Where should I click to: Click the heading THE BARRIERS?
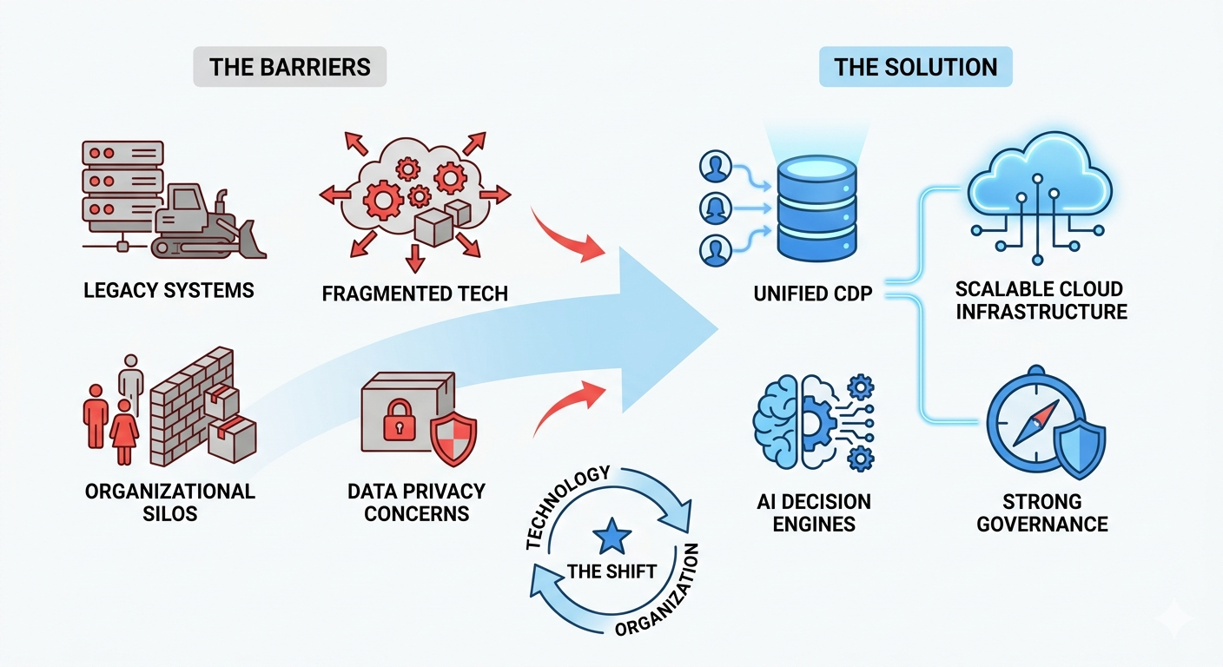[x=289, y=67]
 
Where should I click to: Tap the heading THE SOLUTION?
[x=916, y=67]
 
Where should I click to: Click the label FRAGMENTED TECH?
[x=414, y=294]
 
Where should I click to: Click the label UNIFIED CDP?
[x=812, y=294]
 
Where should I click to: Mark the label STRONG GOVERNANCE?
[x=1041, y=512]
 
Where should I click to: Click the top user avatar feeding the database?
[x=715, y=166]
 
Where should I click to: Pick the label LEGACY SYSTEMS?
[x=169, y=290]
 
